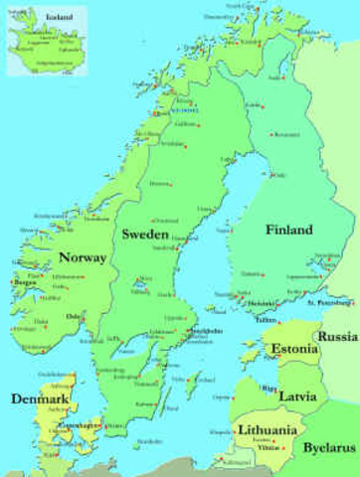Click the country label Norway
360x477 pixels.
pos(83,257)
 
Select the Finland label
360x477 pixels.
pos(289,230)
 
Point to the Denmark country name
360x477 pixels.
pos(40,398)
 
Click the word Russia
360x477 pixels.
pos(337,337)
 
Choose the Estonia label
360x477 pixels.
pos(293,349)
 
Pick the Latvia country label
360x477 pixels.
pos(297,396)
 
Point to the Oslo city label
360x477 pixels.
pos(72,317)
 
